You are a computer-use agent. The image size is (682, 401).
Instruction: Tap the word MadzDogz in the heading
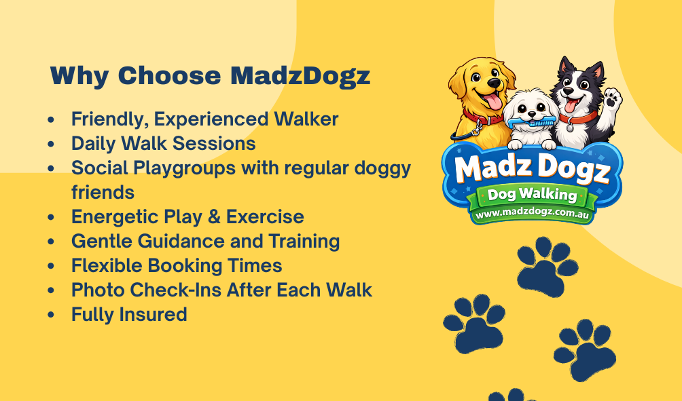click(x=300, y=75)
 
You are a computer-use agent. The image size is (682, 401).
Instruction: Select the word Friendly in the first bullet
click(x=109, y=119)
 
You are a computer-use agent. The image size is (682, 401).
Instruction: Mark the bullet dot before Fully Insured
click(x=52, y=315)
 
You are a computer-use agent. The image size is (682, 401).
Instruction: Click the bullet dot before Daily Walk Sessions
click(x=52, y=145)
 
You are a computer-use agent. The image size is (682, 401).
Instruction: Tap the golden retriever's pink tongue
click(x=492, y=101)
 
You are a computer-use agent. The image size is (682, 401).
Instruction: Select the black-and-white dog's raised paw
click(x=614, y=98)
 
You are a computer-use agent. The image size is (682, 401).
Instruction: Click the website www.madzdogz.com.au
click(x=533, y=214)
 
